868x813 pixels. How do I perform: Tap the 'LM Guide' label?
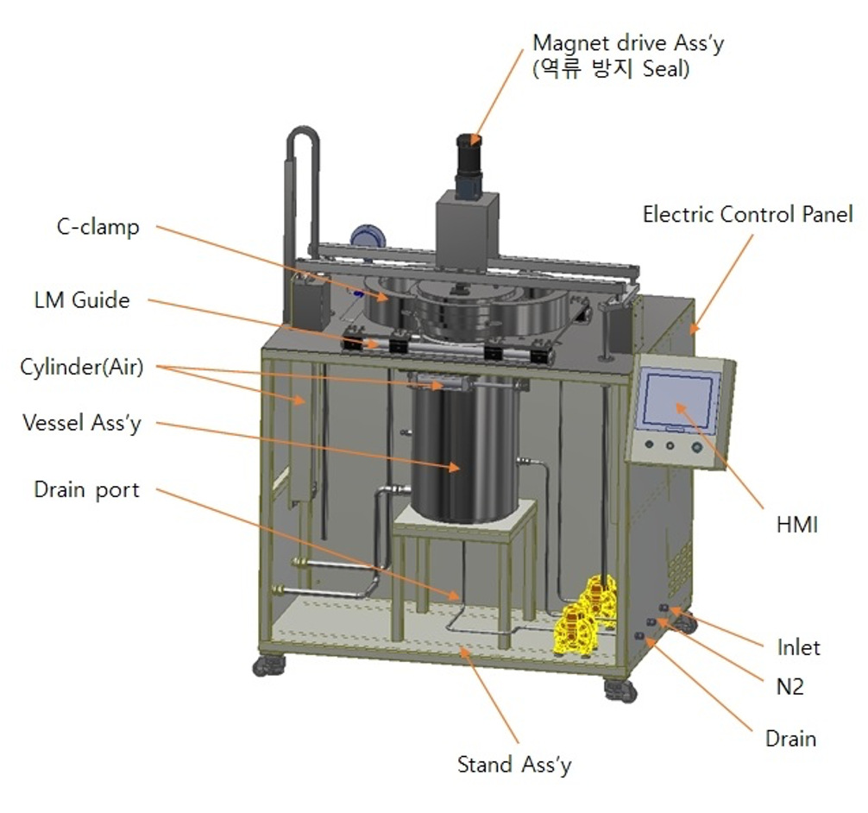pos(78,299)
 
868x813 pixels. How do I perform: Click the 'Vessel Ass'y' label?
pos(82,423)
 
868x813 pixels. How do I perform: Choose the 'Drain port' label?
pos(86,489)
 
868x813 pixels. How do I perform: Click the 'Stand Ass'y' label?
pos(514,764)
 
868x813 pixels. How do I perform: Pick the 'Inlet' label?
pos(797,646)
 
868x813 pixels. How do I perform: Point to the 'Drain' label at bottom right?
pos(790,738)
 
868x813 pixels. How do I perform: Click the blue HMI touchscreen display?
pos(678,400)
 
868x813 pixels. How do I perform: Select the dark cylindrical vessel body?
pos(462,457)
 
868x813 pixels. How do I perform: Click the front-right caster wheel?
pos(620,690)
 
